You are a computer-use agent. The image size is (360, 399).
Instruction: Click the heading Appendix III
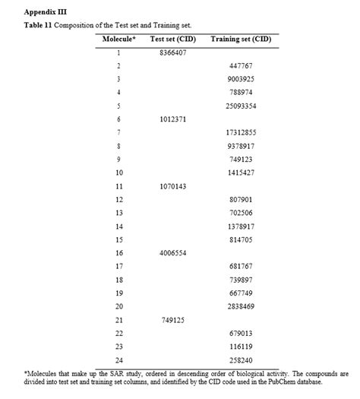pos(46,12)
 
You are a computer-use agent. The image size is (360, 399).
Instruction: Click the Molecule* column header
pos(118,39)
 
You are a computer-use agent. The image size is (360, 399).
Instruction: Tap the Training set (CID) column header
pos(240,39)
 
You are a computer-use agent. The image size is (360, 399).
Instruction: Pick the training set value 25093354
pos(241,106)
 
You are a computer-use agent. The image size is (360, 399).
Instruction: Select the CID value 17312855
pos(241,132)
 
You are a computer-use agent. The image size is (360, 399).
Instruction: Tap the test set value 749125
pos(174,319)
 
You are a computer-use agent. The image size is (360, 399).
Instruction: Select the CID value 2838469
pos(241,306)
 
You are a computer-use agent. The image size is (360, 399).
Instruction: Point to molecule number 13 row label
pos(119,212)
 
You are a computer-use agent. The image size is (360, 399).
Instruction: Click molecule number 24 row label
pos(119,359)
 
